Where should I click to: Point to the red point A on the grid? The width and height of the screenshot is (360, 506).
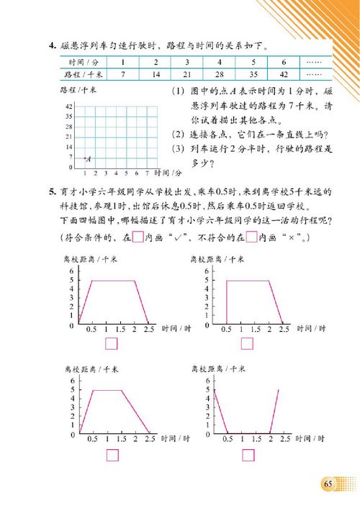(85, 158)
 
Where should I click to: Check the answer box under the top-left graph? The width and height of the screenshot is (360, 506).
(112, 343)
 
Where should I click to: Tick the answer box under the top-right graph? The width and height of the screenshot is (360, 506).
(247, 343)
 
